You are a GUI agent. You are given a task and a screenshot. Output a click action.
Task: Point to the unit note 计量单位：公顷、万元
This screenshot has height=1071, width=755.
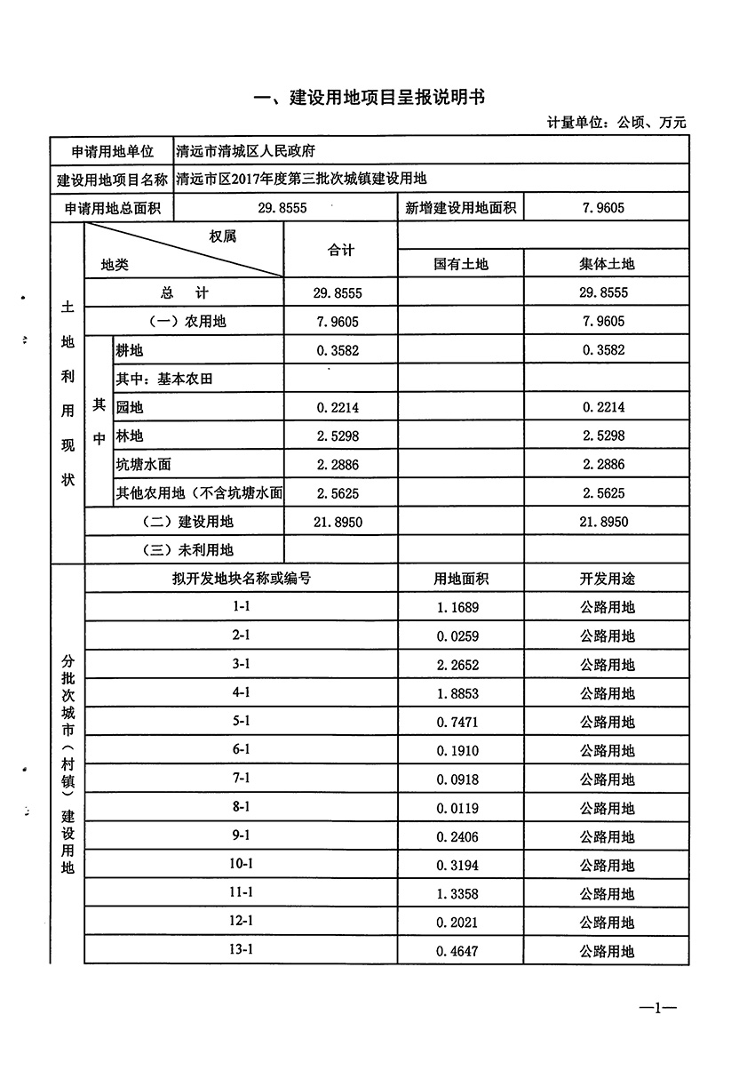tap(617, 124)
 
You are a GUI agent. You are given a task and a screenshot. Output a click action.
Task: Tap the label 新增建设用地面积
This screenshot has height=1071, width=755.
tap(460, 208)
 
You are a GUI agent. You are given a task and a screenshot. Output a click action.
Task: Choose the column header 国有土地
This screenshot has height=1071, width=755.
tap(461, 264)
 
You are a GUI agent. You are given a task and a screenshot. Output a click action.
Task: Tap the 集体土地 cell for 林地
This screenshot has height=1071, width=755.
tap(603, 436)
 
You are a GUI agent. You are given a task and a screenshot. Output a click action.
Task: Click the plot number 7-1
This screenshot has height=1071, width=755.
tap(242, 779)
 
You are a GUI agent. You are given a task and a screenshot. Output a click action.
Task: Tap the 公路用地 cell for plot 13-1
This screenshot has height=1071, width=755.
tap(608, 952)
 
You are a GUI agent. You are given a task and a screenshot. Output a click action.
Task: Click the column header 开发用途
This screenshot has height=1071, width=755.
tap(608, 579)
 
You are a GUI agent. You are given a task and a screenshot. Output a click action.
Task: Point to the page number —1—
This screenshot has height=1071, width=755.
tap(658, 1009)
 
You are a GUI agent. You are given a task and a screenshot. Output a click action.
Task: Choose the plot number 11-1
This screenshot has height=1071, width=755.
tap(242, 892)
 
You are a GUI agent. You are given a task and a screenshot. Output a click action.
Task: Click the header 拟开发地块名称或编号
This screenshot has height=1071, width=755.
tap(242, 579)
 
